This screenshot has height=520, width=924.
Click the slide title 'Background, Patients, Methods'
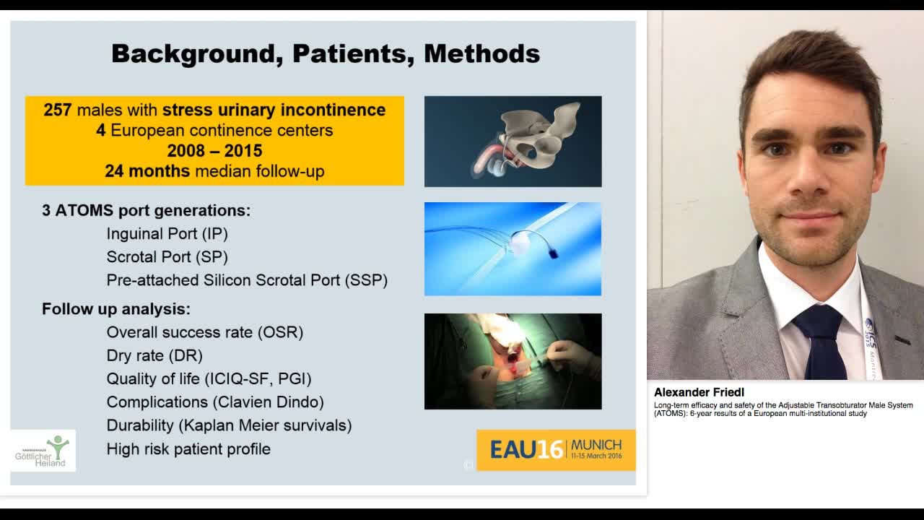pyautogui.click(x=325, y=53)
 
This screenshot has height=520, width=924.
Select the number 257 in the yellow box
pyautogui.click(x=57, y=110)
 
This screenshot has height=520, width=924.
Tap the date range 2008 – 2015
pyautogui.click(x=214, y=151)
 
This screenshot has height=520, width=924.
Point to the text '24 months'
pyautogui.click(x=147, y=171)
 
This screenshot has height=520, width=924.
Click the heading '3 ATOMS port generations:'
pyautogui.click(x=146, y=210)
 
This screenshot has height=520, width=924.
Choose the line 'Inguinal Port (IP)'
pyautogui.click(x=167, y=233)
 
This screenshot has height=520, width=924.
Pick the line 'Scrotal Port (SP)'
pyautogui.click(x=167, y=256)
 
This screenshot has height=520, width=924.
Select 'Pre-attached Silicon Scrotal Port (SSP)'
pyautogui.click(x=247, y=280)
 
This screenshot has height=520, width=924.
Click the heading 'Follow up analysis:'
pyautogui.click(x=115, y=309)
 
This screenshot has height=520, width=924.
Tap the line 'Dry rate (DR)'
pyautogui.click(x=154, y=355)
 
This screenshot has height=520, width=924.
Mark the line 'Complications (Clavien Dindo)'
pyautogui.click(x=215, y=402)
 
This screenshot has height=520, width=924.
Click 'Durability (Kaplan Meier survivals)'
pyautogui.click(x=229, y=425)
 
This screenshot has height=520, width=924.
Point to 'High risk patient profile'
pyautogui.click(x=188, y=448)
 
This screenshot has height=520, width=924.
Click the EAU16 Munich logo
pyautogui.click(x=556, y=449)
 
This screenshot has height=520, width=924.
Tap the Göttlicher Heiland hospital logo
pyautogui.click(x=43, y=451)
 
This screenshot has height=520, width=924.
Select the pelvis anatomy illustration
pyautogui.click(x=513, y=142)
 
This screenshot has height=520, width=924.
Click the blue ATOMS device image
pyautogui.click(x=513, y=248)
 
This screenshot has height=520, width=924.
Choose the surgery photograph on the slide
pyautogui.click(x=513, y=361)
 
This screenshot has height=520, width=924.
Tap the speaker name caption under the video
pyautogui.click(x=699, y=392)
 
